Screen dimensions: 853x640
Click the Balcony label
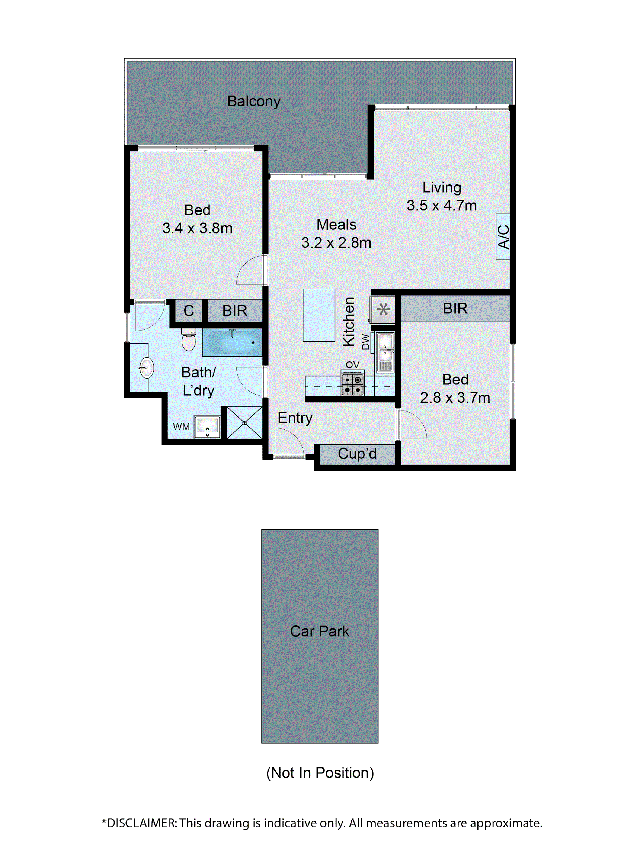coord(253,102)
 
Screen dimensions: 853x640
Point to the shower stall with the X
coord(244,423)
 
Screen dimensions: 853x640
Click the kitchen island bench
coord(319,315)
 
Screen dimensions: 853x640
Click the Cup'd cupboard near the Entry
coord(357,454)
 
